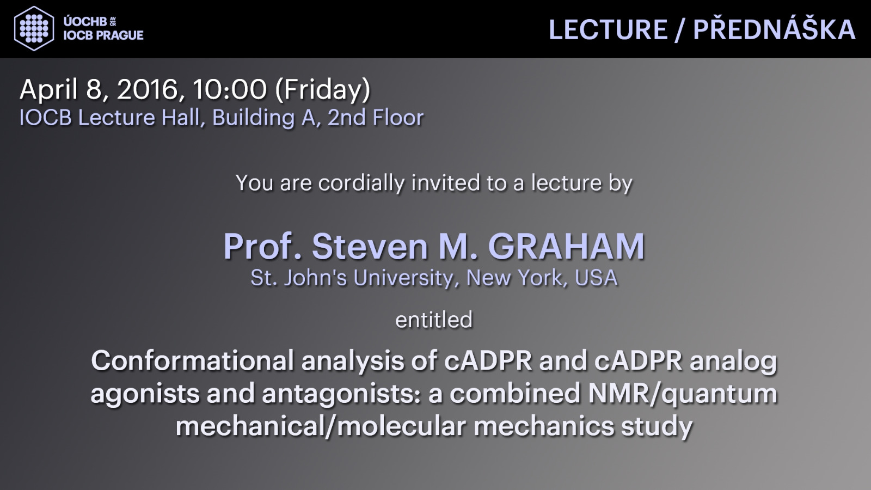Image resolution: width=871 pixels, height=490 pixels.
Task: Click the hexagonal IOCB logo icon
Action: [x=34, y=28]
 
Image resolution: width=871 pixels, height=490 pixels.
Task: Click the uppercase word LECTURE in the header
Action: [x=608, y=29]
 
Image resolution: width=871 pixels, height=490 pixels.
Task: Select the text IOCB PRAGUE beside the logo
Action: [x=103, y=35]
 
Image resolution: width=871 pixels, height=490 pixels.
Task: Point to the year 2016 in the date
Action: [x=148, y=89]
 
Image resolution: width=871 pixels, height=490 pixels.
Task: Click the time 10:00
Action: [x=229, y=89]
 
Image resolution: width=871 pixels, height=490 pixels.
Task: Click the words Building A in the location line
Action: [x=263, y=118]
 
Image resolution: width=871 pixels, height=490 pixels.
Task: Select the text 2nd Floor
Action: [x=376, y=118]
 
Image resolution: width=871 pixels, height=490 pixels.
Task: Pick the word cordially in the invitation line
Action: [x=361, y=183]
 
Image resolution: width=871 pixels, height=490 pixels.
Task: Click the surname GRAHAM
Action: [x=567, y=247]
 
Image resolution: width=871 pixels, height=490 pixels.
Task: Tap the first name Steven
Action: [x=370, y=247]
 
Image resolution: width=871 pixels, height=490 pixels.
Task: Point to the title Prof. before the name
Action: [x=262, y=247]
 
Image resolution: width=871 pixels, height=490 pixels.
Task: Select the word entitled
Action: [x=434, y=320]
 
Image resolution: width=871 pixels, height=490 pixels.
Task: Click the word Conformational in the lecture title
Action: [x=192, y=361]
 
